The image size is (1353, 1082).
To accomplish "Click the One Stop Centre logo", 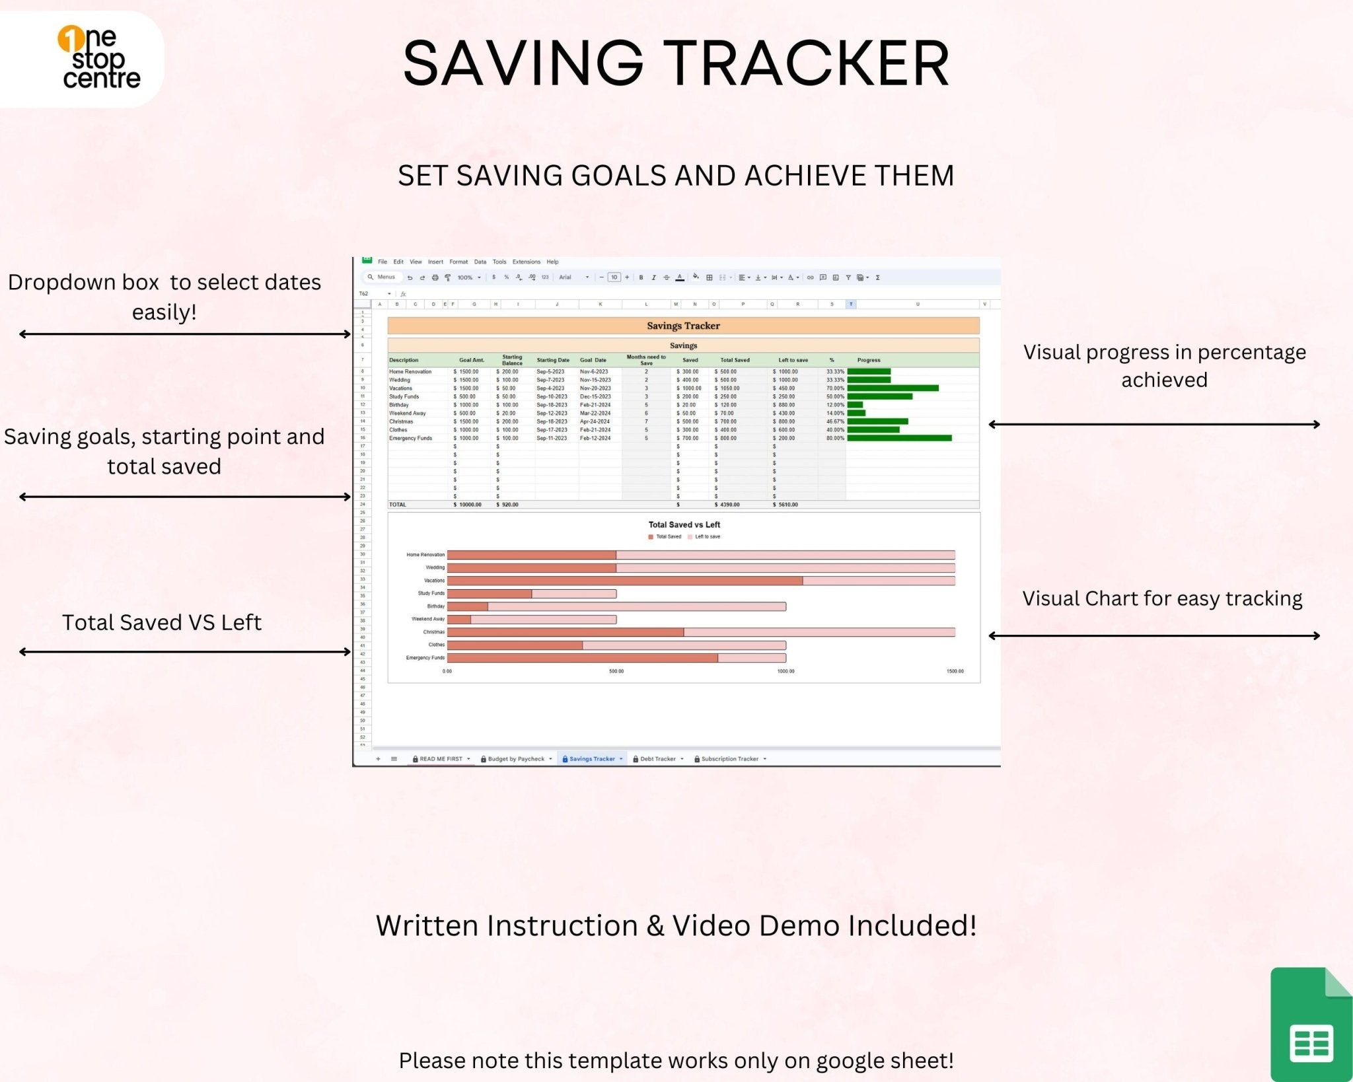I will pyautogui.click(x=99, y=58).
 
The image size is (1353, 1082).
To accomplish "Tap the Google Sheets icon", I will pyautogui.click(x=1310, y=1025).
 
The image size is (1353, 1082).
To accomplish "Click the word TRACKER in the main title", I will pyautogui.click(x=806, y=63).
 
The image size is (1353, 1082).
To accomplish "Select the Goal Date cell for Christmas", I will pyautogui.click(x=595, y=421).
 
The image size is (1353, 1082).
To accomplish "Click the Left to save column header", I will pyautogui.click(x=793, y=360).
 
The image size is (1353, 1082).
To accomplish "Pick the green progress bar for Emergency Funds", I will pyautogui.click(x=899, y=438).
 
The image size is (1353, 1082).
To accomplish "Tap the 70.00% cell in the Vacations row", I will pyautogui.click(x=834, y=388).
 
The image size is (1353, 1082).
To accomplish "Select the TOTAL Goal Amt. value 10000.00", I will pyautogui.click(x=470, y=505).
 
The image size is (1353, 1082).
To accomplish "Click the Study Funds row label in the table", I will pyautogui.click(x=404, y=396).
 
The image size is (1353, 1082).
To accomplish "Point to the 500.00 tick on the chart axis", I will pyautogui.click(x=616, y=671).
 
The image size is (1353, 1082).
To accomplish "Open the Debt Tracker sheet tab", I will pyautogui.click(x=657, y=759).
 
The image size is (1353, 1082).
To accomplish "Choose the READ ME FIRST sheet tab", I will pyautogui.click(x=441, y=759).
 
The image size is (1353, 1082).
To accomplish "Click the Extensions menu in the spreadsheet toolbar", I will pyautogui.click(x=526, y=262).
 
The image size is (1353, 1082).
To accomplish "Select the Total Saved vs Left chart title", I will pyautogui.click(x=684, y=524).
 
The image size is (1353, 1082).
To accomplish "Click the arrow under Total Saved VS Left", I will pyautogui.click(x=185, y=652).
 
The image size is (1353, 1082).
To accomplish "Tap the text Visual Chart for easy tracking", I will pyautogui.click(x=1162, y=598).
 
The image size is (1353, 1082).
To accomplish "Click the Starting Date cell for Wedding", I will pyautogui.click(x=550, y=380).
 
